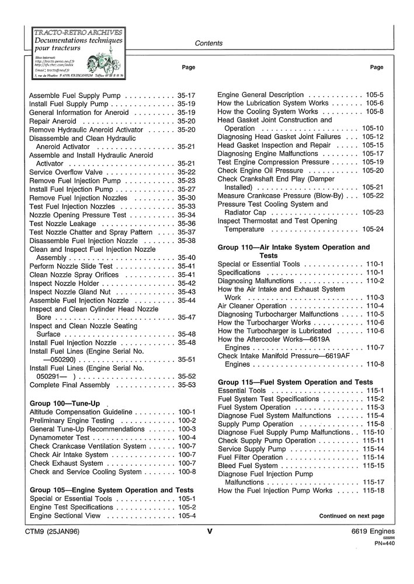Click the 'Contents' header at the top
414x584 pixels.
point(208,43)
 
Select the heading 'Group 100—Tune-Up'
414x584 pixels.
point(65,403)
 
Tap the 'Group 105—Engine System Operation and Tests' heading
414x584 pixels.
point(112,490)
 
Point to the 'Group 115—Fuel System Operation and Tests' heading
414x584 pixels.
point(295,382)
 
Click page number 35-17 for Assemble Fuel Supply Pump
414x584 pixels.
point(186,95)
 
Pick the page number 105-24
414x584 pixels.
point(373,230)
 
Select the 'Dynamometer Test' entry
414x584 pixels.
point(60,438)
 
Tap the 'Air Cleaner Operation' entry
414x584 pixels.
point(252,306)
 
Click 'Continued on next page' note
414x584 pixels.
point(352,516)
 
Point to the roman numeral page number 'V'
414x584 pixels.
point(208,531)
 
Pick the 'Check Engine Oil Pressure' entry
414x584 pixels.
point(260,170)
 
